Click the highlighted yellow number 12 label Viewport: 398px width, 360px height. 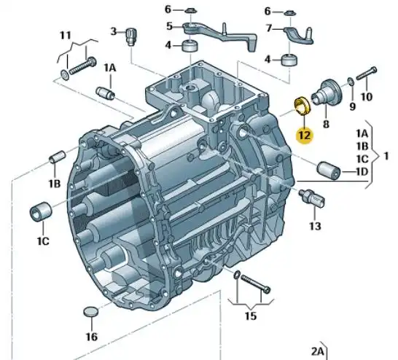(x=304, y=134)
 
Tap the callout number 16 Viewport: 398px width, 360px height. (x=91, y=337)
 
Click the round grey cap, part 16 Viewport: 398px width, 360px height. (x=90, y=313)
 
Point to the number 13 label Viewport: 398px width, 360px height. (x=314, y=227)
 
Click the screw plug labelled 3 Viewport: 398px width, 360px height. (x=132, y=34)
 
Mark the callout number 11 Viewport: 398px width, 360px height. (x=66, y=34)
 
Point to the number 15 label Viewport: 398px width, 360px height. (x=250, y=316)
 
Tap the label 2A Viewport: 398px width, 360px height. (x=316, y=351)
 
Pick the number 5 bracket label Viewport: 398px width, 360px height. (x=168, y=27)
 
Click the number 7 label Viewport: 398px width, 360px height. (x=268, y=28)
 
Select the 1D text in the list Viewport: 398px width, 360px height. (x=361, y=172)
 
